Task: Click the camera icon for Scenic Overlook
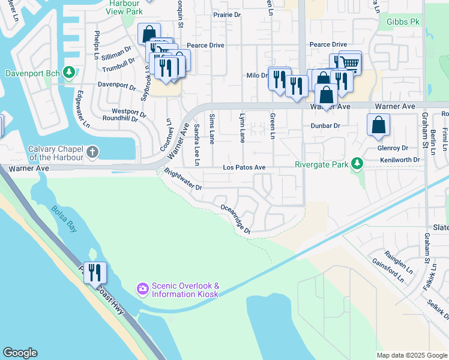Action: click(x=142, y=289)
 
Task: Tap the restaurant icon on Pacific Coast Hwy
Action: click(x=95, y=272)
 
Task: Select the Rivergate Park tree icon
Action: click(x=358, y=163)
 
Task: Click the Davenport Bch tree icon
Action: click(x=69, y=73)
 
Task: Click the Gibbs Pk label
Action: click(x=403, y=22)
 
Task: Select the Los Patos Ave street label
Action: click(x=244, y=167)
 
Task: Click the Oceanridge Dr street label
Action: click(x=235, y=219)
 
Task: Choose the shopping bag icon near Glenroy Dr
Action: click(x=379, y=125)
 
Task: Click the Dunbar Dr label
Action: click(x=325, y=126)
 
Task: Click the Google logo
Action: click(x=20, y=353)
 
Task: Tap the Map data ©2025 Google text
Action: click(x=412, y=355)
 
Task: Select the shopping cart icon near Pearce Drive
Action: click(x=350, y=62)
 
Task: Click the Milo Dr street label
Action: click(x=256, y=76)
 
